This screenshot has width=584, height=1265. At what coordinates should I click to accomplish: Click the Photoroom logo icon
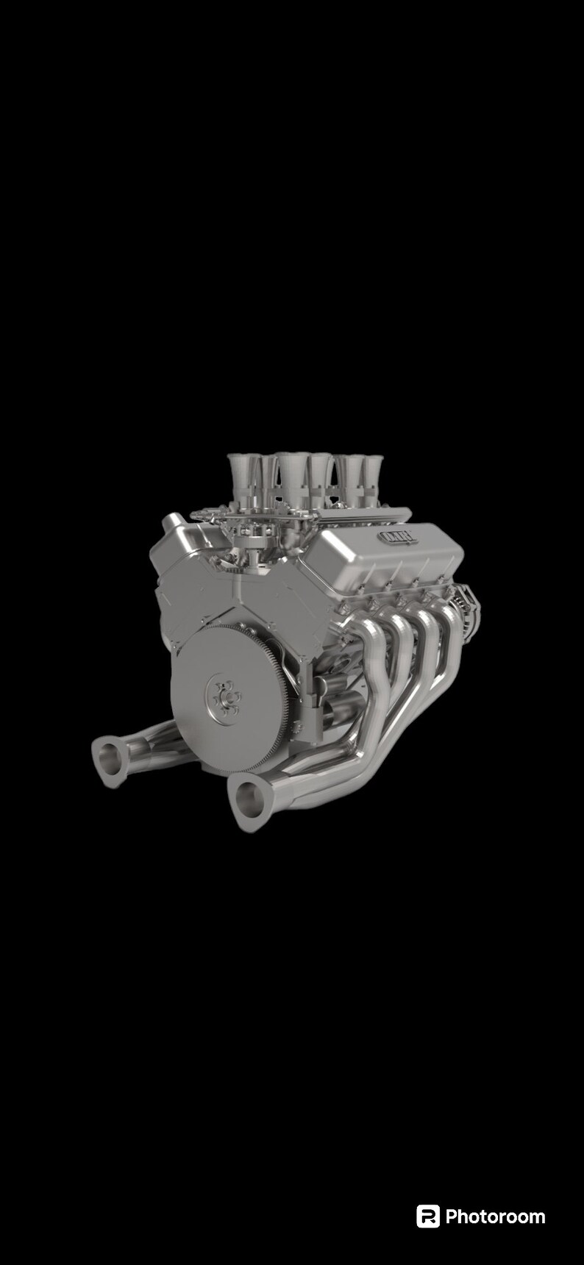coord(427,1216)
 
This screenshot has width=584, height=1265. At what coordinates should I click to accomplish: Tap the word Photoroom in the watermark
coord(495,1217)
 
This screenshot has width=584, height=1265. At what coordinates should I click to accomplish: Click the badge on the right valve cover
coord(398,538)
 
